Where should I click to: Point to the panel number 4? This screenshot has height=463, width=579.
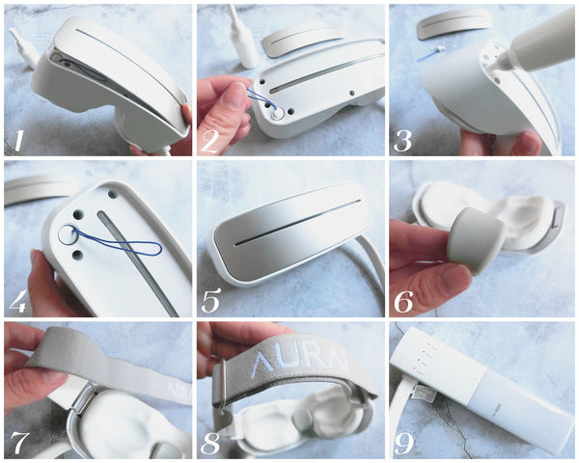[17, 301]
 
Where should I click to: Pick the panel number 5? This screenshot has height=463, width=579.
[210, 301]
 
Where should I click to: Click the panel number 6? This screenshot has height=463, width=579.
[403, 301]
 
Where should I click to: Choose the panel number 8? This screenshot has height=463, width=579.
[210, 442]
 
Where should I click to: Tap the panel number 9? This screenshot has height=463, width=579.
[404, 442]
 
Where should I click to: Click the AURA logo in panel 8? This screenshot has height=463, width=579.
[298, 363]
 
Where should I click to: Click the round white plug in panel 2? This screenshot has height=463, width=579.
[277, 115]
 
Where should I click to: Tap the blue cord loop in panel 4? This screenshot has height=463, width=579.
[118, 242]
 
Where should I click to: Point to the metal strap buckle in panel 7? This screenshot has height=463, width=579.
[83, 398]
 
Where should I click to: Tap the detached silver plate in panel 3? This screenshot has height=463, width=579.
[455, 23]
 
